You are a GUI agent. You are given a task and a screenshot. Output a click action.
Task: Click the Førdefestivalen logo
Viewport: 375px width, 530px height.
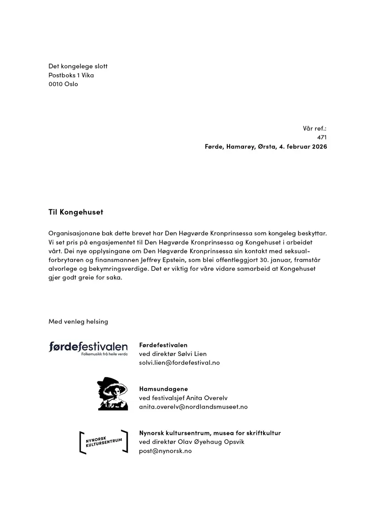coord(88,348)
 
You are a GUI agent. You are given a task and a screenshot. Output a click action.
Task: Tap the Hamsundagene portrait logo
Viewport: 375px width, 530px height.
coord(112,394)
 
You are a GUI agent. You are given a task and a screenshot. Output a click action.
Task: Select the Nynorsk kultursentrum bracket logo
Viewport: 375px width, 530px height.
coord(103,442)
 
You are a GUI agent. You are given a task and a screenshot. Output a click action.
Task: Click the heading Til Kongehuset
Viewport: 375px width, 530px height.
coord(76,212)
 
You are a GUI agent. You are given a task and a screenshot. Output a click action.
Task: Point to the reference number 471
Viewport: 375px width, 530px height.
coord(322,137)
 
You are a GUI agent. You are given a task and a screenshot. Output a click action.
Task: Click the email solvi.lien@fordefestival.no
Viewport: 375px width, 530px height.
coord(179,363)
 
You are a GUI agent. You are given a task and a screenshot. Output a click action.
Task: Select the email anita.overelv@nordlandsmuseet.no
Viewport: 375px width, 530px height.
coord(193,407)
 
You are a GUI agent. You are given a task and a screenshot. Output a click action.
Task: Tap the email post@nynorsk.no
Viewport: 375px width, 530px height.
coord(165,451)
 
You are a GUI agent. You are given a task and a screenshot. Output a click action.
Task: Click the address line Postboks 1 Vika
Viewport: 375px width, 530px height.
coord(71,75)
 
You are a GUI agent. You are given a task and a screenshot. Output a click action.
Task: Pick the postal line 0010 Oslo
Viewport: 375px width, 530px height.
coord(63,84)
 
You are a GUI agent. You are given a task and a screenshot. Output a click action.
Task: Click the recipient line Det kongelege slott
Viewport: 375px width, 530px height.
coord(78,66)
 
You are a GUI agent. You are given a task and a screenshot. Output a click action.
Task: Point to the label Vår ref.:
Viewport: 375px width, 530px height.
coord(315,129)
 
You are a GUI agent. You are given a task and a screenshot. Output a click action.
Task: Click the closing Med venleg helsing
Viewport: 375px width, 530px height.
coord(78,322)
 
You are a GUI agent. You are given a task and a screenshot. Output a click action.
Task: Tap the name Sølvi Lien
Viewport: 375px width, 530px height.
coord(193,354)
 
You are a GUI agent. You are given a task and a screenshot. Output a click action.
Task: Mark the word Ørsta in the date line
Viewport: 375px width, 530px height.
coord(265,147)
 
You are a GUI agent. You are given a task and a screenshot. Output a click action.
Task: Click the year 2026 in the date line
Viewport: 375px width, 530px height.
coord(319,147)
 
